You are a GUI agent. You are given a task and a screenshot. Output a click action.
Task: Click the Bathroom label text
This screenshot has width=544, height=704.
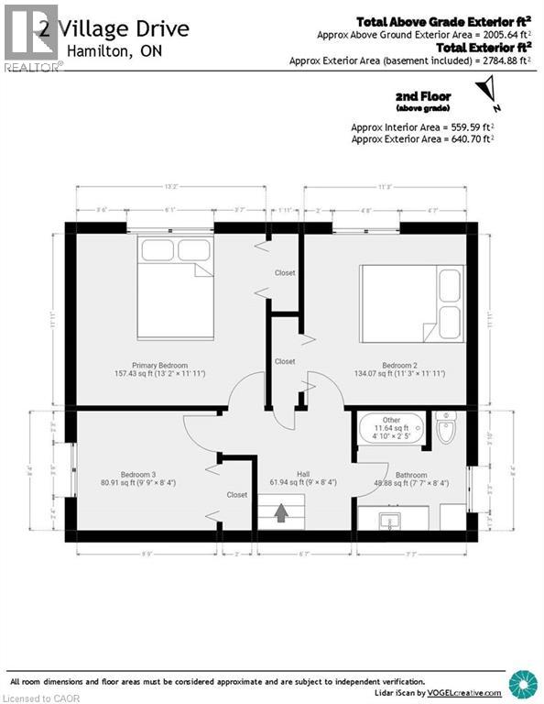(411, 475)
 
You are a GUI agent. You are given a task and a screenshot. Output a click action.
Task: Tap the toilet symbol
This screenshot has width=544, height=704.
(447, 429)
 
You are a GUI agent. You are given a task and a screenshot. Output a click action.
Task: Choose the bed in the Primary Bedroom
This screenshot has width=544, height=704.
(176, 287)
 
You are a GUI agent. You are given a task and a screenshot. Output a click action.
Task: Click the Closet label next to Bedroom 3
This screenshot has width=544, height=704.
(236, 495)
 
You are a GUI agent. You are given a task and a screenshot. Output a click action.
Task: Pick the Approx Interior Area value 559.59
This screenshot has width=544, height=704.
(462, 126)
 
